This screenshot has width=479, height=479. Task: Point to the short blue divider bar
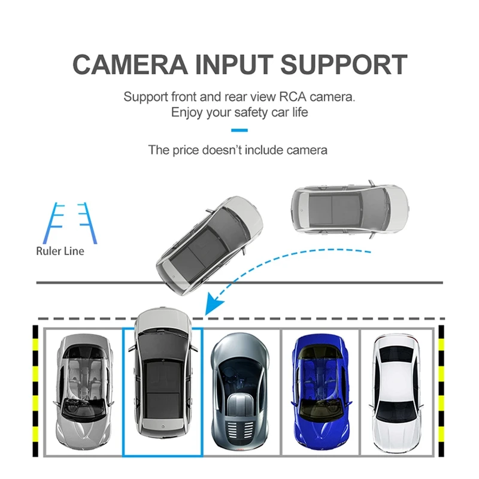(x=239, y=130)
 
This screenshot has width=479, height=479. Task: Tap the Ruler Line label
(x=60, y=251)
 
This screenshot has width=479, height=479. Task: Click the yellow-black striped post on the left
(x=35, y=389)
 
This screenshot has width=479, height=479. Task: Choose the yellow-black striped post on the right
(x=441, y=389)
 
